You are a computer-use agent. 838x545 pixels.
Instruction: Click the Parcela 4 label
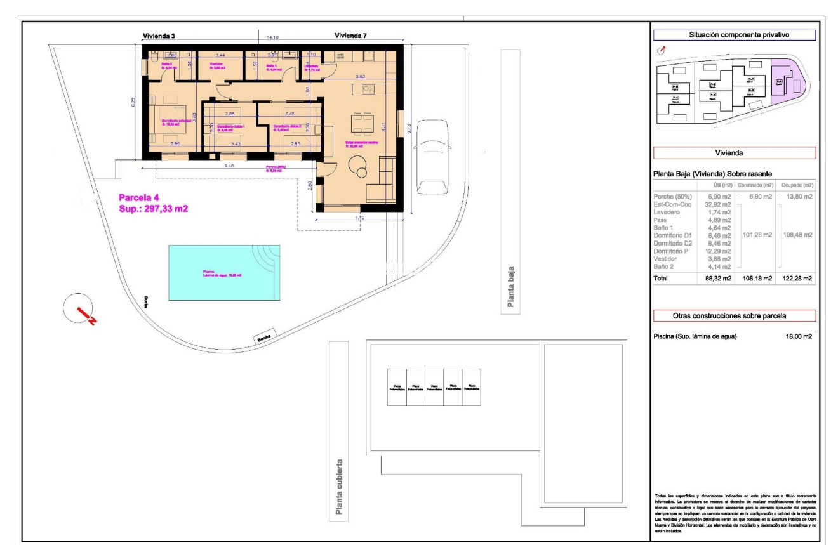143,197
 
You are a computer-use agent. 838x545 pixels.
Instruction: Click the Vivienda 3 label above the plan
159,36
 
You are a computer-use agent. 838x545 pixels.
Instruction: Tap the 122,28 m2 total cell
797,278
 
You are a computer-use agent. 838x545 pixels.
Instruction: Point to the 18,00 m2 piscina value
799,336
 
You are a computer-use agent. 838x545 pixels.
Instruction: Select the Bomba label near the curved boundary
264,338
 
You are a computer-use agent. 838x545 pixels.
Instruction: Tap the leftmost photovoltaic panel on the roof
397,387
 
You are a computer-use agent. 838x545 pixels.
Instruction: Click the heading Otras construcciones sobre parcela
734,316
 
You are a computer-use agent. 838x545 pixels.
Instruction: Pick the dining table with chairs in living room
364,123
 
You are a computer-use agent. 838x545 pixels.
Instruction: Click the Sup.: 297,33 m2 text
154,208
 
